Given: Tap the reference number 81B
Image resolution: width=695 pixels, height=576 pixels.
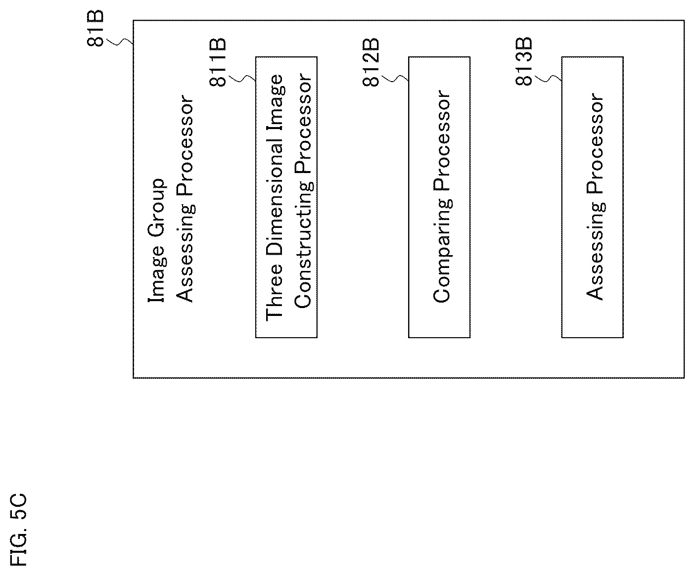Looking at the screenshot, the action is (95, 29).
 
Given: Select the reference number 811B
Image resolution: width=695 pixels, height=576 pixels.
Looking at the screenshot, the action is (218, 63).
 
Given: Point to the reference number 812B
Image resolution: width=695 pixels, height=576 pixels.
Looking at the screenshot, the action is (371, 63).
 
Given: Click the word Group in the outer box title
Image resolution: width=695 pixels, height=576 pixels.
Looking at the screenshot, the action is (157, 208).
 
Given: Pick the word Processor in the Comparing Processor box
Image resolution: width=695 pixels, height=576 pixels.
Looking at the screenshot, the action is (442, 140).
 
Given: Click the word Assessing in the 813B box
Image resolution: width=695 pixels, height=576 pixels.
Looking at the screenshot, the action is (595, 251).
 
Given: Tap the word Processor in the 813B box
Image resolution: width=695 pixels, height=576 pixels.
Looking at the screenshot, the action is (595, 143).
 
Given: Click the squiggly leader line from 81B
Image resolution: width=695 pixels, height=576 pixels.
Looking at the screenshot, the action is (120, 42).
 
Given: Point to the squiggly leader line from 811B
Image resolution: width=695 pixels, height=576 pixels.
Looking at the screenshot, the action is (242, 79).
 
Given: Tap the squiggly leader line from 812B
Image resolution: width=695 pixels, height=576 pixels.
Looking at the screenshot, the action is (395, 79).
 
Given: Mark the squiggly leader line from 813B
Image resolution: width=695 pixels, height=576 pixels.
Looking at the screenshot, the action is (548, 79).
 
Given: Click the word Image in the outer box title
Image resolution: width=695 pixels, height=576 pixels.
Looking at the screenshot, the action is (157, 274).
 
